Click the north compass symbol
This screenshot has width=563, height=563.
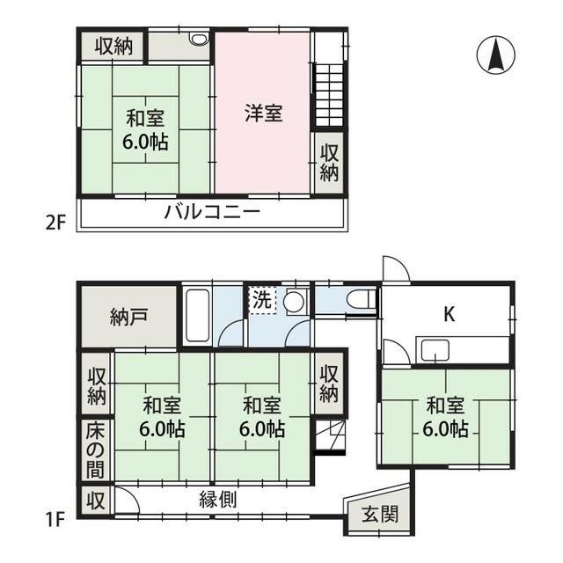click(x=495, y=55)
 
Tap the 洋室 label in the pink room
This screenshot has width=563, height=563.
click(x=264, y=113)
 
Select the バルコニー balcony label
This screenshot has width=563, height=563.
click(x=212, y=212)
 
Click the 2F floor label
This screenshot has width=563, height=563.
click(x=56, y=223)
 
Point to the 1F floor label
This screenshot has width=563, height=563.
click(x=55, y=520)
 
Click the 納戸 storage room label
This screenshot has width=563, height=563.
click(x=128, y=317)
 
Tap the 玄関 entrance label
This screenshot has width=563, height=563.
click(x=380, y=514)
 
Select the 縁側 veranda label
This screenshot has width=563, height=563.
click(x=218, y=500)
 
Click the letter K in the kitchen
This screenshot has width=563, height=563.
click(x=450, y=315)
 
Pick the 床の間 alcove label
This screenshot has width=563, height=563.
click(x=95, y=450)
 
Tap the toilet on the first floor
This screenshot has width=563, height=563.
click(x=362, y=299)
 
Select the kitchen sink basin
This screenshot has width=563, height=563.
click(x=435, y=351)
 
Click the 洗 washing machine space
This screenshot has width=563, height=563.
click(x=262, y=300)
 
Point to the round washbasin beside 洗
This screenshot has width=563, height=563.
click(x=295, y=301)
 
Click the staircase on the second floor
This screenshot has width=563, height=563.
click(x=329, y=95)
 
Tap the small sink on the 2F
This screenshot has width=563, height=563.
click(x=199, y=39)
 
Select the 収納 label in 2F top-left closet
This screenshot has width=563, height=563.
click(x=113, y=47)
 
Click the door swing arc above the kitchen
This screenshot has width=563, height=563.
click(x=397, y=268)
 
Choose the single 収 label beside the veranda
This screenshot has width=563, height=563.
click(x=95, y=501)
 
